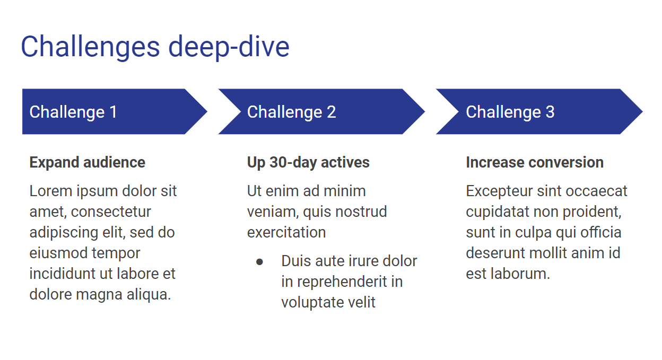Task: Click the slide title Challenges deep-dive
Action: (x=155, y=47)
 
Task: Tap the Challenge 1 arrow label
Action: (x=73, y=112)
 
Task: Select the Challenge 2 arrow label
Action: (x=291, y=112)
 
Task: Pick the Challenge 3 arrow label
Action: (x=510, y=112)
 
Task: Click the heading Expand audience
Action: (x=87, y=162)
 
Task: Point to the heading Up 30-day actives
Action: (x=308, y=162)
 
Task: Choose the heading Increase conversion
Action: (x=535, y=162)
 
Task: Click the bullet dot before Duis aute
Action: (x=259, y=262)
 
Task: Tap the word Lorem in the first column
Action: (x=51, y=191)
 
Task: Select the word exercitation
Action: (x=286, y=232)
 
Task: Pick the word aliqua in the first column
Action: (x=149, y=294)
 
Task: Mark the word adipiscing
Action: (x=64, y=233)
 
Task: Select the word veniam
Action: (x=273, y=212)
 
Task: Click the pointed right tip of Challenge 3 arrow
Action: (x=642, y=112)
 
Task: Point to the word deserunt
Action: (x=496, y=253)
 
